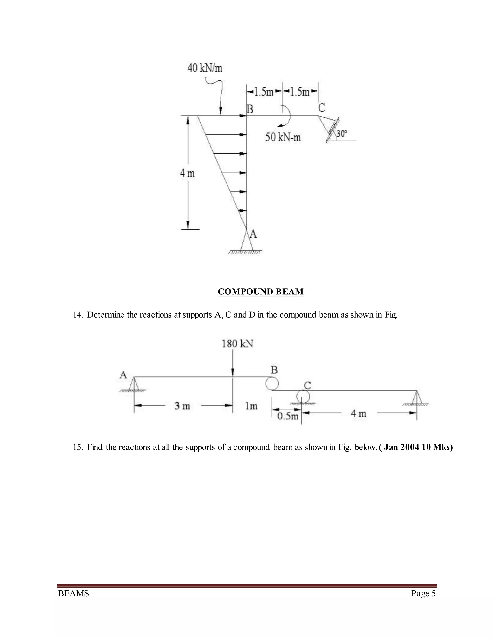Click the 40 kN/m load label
coord(205,68)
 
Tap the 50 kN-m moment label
coord(283,137)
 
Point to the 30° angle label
coord(342,134)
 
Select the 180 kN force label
coord(237,344)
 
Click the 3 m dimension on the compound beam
coord(182,406)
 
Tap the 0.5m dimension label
coord(288,416)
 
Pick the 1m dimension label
coord(251,406)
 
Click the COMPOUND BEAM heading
coord(261,292)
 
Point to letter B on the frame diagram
coord(250,109)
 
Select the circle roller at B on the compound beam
coord(272,383)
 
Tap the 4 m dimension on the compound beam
coord(358,413)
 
